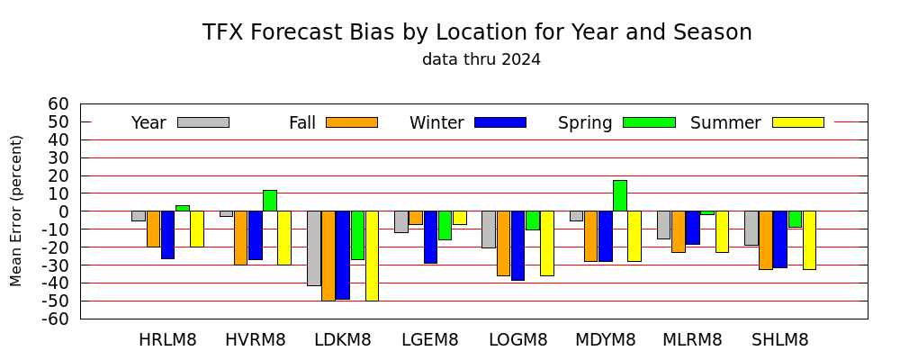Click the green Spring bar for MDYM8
coord(620,196)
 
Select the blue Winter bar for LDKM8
coord(343,255)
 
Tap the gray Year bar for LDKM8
coord(314,248)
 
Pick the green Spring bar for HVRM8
coord(270,201)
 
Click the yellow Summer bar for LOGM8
coord(547,243)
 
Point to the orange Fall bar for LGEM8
coord(416,218)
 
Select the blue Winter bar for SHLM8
coord(780,239)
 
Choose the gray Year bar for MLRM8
coord(663,225)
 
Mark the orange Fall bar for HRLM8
coord(153,229)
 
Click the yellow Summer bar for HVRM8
coord(284,238)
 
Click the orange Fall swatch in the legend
coord(352,122)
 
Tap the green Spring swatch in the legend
coord(649,122)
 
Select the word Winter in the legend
coord(436,123)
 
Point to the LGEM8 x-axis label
coord(430,339)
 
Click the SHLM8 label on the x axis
coord(780,339)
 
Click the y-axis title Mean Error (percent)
coord(16,211)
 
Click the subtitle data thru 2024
coord(481,59)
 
